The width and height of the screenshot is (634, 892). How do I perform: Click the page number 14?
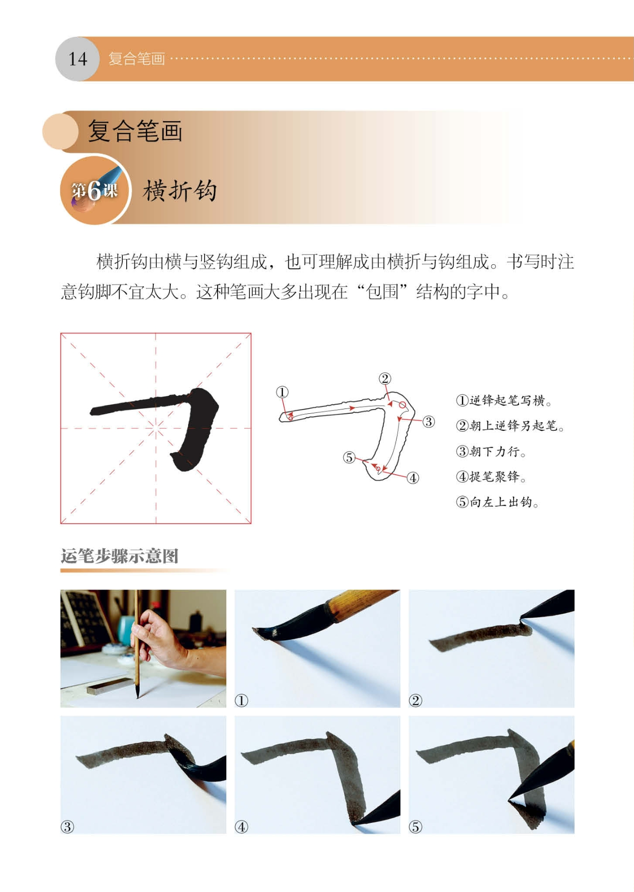[77, 59]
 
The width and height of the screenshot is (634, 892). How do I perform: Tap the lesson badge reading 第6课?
[95, 190]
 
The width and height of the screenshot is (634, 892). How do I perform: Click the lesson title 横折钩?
[179, 190]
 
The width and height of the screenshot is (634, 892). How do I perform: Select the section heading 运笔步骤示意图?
[119, 556]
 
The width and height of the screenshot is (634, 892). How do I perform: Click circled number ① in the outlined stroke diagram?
[282, 392]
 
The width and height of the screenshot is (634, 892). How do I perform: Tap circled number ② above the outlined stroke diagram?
[384, 378]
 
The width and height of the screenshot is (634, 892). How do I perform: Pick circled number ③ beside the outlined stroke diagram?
[428, 422]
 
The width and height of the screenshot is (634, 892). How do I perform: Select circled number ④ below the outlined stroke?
[413, 478]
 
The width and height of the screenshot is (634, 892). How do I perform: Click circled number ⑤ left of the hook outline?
[349, 457]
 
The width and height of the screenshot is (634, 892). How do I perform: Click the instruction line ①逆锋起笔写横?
[504, 400]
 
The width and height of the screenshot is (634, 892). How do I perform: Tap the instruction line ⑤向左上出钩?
[498, 502]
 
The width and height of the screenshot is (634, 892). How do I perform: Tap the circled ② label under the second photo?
[415, 700]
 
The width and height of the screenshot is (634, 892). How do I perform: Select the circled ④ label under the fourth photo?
[241, 827]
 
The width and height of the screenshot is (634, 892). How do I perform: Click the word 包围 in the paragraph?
[382, 292]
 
